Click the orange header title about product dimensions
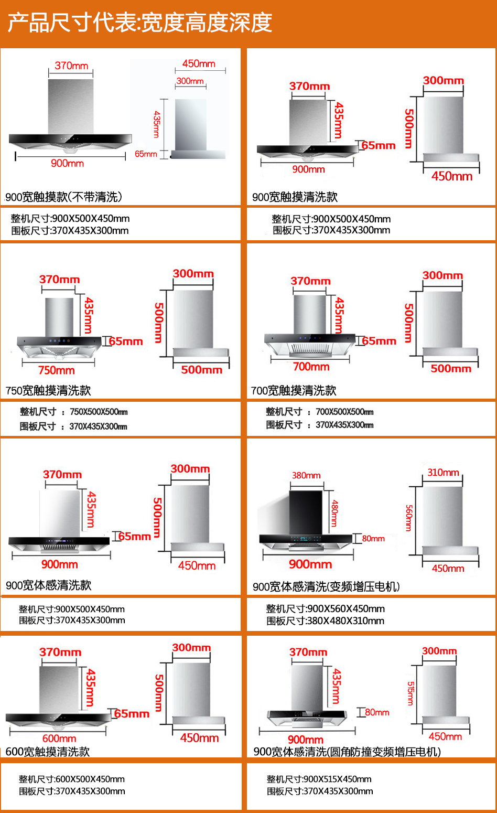[140, 23]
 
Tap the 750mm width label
[56, 370]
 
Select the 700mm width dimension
[311, 367]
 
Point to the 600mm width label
[59, 739]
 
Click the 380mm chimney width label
[306, 476]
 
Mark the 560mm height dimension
[409, 518]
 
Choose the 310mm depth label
[443, 473]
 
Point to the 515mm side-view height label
[410, 693]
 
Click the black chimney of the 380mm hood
[306, 513]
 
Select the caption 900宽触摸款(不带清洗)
[63, 197]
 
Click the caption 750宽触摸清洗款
[48, 391]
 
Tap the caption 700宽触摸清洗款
[294, 391]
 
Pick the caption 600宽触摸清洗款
[48, 752]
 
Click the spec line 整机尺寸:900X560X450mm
[325, 609]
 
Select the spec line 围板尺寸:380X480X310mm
[325, 621]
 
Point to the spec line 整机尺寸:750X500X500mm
[73, 412]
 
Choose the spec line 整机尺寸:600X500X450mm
[72, 779]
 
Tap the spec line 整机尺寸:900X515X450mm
[319, 779]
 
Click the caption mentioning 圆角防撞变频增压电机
[347, 752]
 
